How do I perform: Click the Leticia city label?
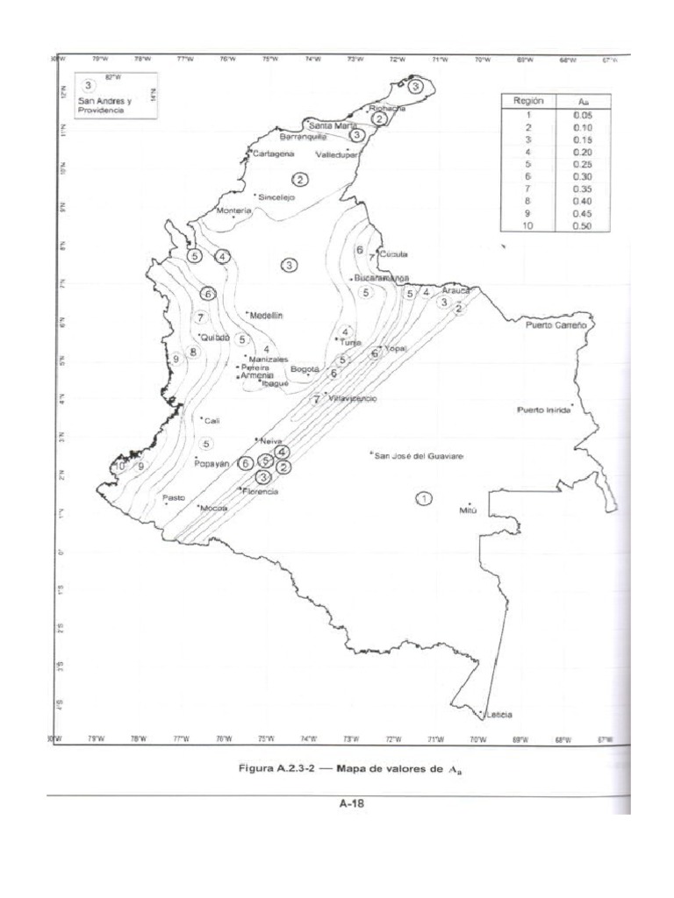498,713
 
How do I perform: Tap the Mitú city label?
468,510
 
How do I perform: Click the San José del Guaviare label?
419,456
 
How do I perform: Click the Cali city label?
212,420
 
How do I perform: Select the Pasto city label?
174,497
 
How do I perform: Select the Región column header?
529,101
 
